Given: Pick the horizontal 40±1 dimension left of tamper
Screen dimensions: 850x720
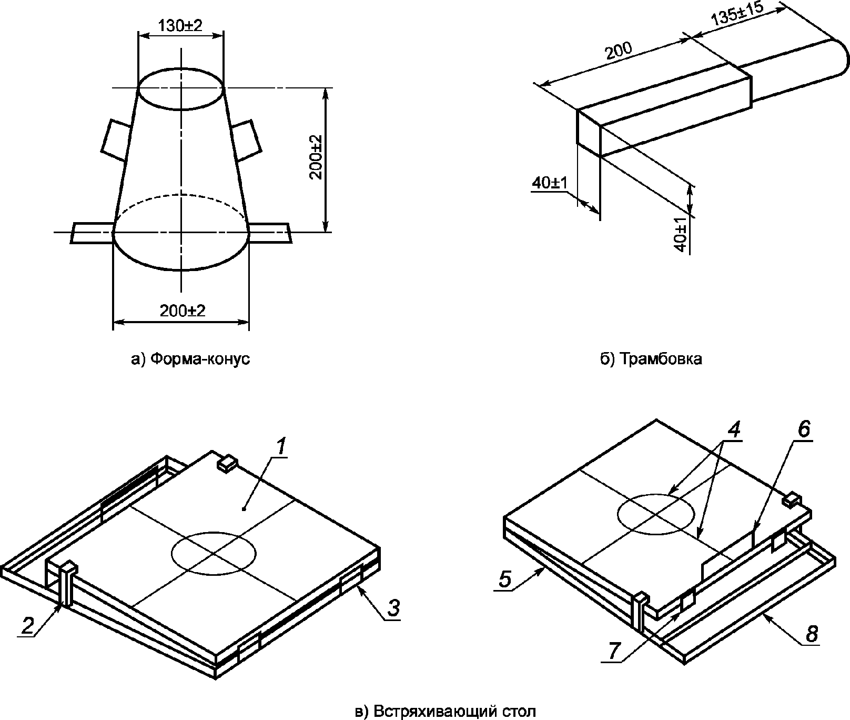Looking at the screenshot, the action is (549, 183).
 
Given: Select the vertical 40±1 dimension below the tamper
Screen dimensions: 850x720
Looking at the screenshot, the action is (681, 234).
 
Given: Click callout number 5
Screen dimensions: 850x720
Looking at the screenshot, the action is (504, 579).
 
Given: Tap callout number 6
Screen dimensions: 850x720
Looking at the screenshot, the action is (804, 429).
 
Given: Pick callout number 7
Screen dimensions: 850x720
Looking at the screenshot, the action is (613, 652).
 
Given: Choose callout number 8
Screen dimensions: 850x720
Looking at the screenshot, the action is (812, 634).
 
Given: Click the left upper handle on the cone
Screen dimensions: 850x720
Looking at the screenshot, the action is (115, 140).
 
